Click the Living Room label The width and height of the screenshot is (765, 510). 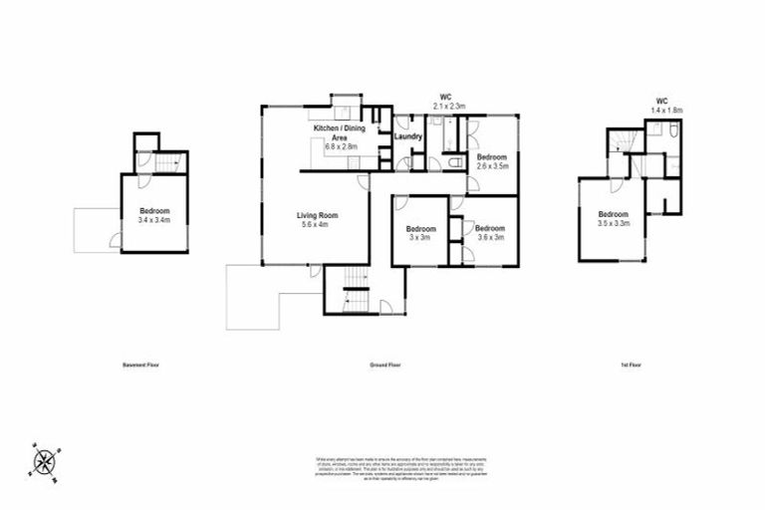pyautogui.click(x=318, y=215)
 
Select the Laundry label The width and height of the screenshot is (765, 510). pyautogui.click(x=407, y=136)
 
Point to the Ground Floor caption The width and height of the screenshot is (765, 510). pyautogui.click(x=384, y=366)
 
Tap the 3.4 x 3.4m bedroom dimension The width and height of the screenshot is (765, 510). pyautogui.click(x=154, y=220)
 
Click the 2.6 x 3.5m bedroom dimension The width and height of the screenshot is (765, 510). pyautogui.click(x=491, y=166)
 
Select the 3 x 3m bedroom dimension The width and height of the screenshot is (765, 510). pyautogui.click(x=418, y=237)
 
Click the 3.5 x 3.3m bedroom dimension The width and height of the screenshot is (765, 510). pyautogui.click(x=613, y=224)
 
